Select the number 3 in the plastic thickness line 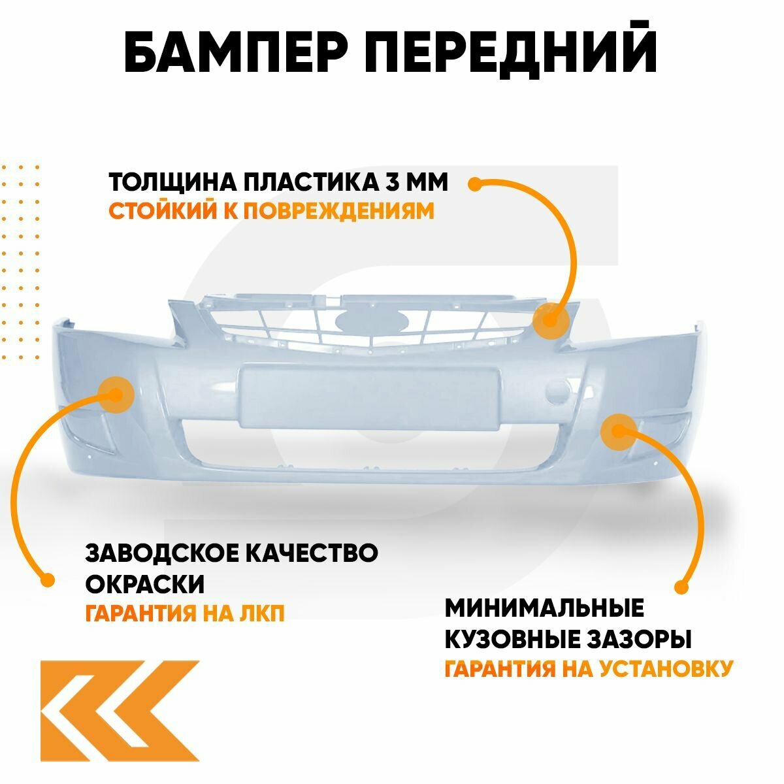[x=393, y=182]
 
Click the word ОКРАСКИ [x=145, y=583]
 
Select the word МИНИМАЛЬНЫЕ [x=544, y=608]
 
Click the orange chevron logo [x=120, y=710]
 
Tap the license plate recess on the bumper [x=369, y=397]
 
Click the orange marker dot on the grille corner [x=549, y=321]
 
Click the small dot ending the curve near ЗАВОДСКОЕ [x=46, y=580]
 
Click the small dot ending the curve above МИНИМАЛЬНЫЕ [x=681, y=587]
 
